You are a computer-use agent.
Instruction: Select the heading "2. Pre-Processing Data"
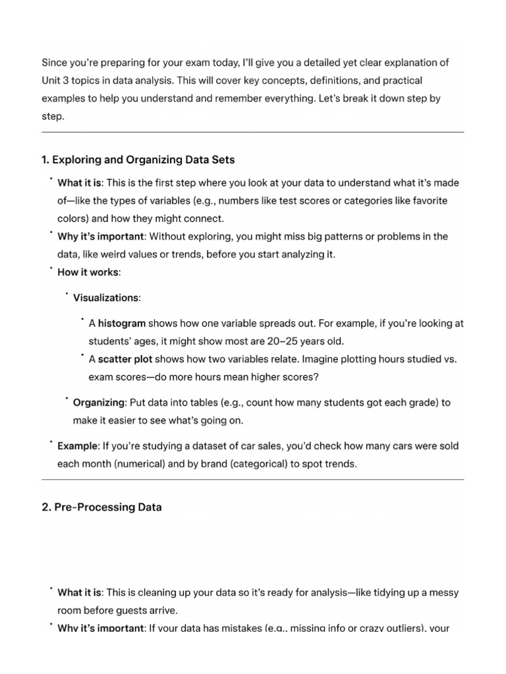pos(101,507)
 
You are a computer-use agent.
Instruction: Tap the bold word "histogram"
pos(122,323)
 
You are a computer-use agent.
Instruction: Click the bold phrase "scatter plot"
pos(125,359)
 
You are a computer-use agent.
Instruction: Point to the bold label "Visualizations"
pos(105,298)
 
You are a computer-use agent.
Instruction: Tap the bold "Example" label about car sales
pos(77,446)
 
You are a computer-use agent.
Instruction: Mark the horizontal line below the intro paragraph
pos(253,132)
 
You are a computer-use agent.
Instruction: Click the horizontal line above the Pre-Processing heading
pos(253,480)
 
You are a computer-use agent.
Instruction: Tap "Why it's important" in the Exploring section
pos(99,236)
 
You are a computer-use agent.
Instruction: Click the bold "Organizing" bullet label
pos(98,402)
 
